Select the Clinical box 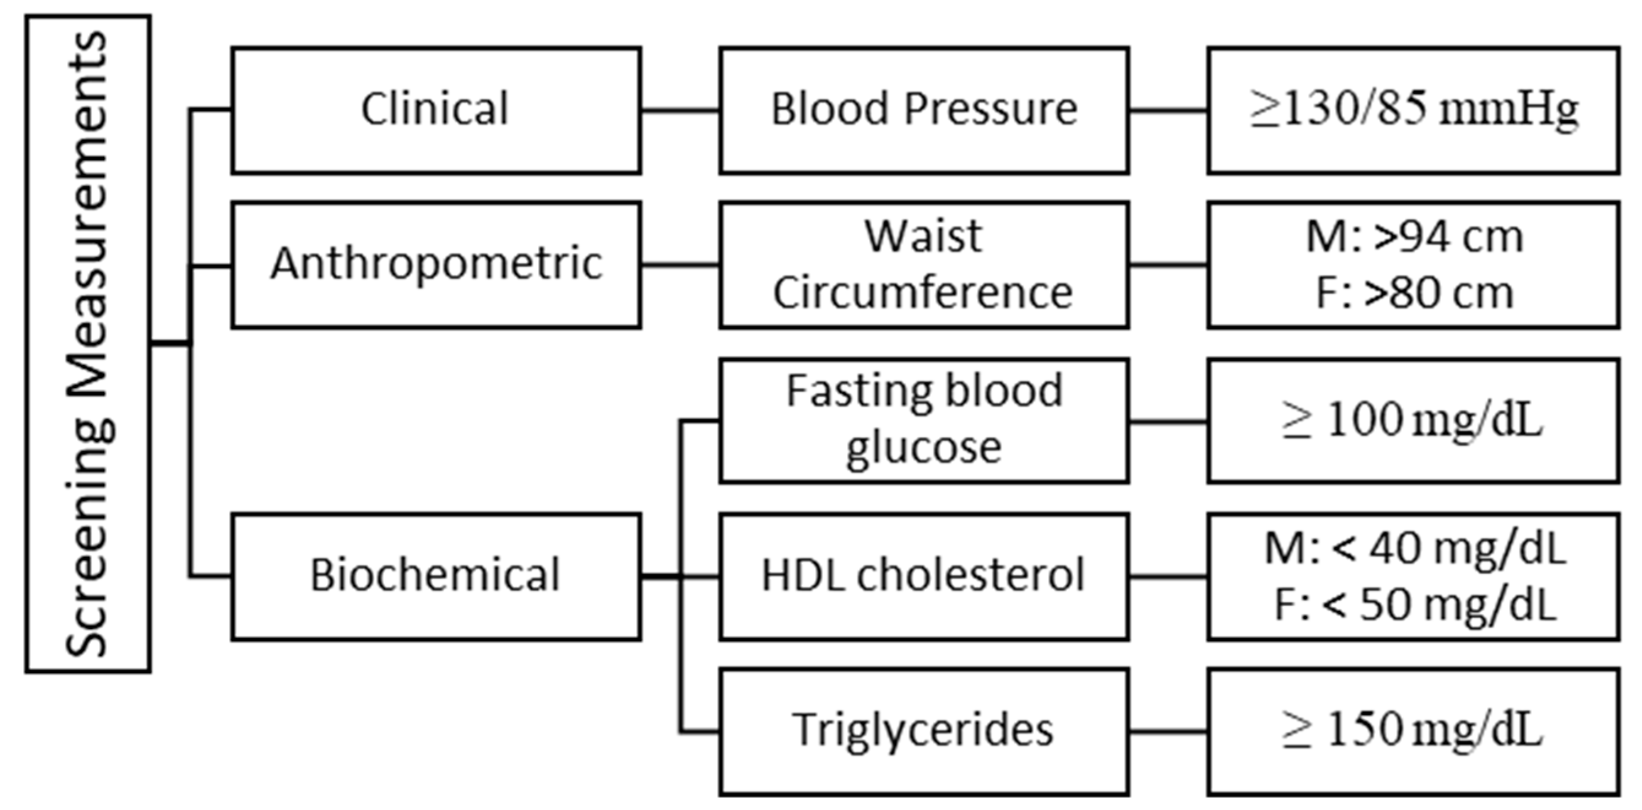pos(436,110)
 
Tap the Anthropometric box pos(436,265)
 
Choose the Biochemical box pos(436,576)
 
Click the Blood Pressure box pos(924,110)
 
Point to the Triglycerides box pos(924,732)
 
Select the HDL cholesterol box pos(924,576)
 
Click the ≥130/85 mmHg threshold pos(1413,110)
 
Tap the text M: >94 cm pos(1415,237)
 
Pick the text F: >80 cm pos(1415,293)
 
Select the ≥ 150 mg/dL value pos(1413,732)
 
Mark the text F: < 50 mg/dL pos(1415,605)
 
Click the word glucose pos(924,448)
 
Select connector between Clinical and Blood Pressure pos(680,110)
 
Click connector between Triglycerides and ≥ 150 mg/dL pos(1168,732)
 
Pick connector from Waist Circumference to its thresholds pos(1168,265)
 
